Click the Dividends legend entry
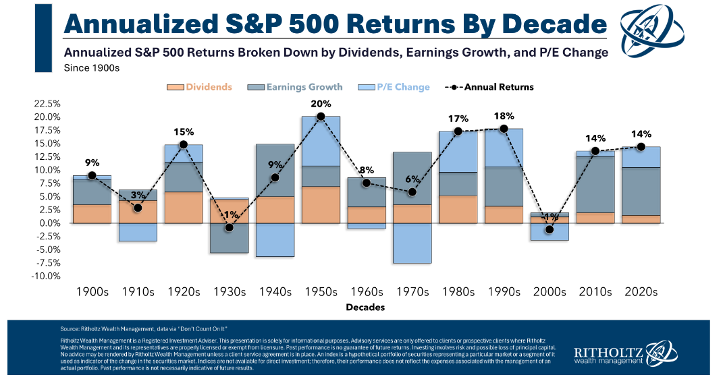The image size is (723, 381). point(200,87)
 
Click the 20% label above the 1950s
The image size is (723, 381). point(321,104)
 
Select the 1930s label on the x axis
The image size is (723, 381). point(229,292)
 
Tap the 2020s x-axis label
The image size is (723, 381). point(641,292)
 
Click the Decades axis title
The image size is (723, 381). point(366,307)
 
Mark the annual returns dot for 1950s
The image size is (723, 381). point(321,117)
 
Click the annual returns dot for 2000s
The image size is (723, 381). point(549,229)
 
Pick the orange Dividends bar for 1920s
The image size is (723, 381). point(183,207)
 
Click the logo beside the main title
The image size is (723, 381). point(656,31)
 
